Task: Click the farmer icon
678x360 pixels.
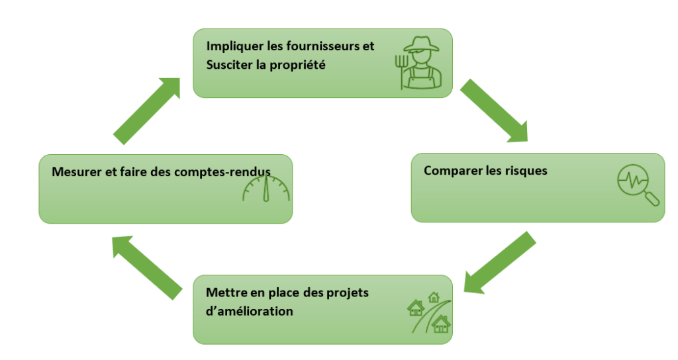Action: [420, 63]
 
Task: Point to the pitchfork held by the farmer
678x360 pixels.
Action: [399, 69]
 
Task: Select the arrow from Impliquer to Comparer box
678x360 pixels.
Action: [493, 111]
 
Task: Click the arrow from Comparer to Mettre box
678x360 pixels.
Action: [499, 262]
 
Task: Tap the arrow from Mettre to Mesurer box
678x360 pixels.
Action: [147, 267]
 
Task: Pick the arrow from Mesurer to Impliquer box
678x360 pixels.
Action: [147, 109]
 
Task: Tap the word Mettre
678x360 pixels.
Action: [224, 292]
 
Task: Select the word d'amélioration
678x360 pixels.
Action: [250, 310]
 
